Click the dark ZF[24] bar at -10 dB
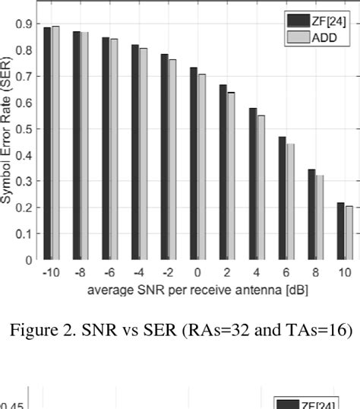pos(47,144)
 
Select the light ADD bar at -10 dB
pos(55,144)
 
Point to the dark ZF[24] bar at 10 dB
pos(340,231)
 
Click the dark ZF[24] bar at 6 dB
pos(282,198)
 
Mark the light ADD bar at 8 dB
pos(320,217)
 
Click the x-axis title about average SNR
pos(197,290)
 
